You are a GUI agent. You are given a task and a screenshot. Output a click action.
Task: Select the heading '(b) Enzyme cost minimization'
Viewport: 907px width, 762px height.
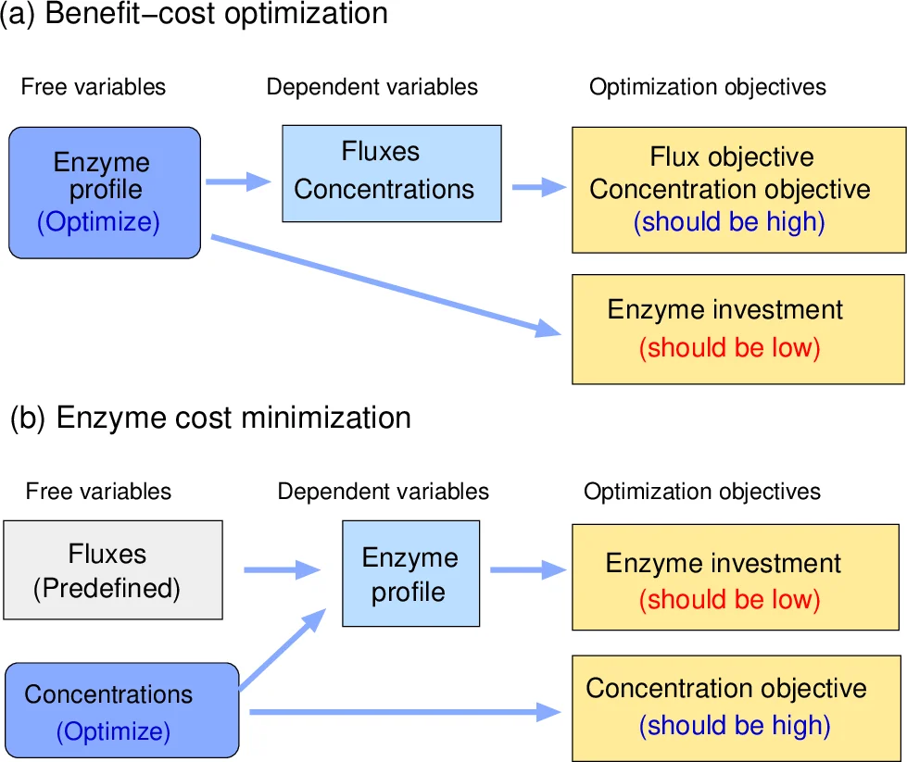pyautogui.click(x=210, y=418)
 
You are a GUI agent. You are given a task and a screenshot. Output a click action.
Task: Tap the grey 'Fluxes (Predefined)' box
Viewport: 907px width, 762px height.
pyautogui.click(x=113, y=569)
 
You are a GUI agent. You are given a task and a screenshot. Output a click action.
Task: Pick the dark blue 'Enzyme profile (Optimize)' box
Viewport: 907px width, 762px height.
pyautogui.click(x=105, y=193)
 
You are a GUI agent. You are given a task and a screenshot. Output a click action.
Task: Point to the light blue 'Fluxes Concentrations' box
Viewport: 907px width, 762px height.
pyautogui.click(x=391, y=173)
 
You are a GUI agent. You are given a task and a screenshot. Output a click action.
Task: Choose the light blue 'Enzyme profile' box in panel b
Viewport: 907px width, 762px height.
pyautogui.click(x=410, y=572)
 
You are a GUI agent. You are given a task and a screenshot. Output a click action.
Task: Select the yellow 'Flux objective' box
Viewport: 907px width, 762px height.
pyautogui.click(x=737, y=189)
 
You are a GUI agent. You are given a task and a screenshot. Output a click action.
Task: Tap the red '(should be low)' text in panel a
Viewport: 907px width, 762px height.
pyautogui.click(x=730, y=348)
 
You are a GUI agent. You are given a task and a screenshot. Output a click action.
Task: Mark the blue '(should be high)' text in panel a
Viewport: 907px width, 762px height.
pyautogui.click(x=729, y=222)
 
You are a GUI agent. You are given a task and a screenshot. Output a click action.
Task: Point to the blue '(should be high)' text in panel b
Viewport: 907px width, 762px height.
pyautogui.click(x=735, y=725)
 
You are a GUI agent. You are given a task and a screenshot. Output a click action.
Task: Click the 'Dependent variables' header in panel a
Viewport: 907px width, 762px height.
pyautogui.click(x=372, y=87)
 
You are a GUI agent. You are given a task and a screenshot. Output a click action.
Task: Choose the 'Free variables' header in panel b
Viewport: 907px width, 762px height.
pyautogui.click(x=98, y=491)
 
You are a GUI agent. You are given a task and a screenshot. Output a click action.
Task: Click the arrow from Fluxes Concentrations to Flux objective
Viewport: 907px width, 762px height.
pyautogui.click(x=538, y=187)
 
